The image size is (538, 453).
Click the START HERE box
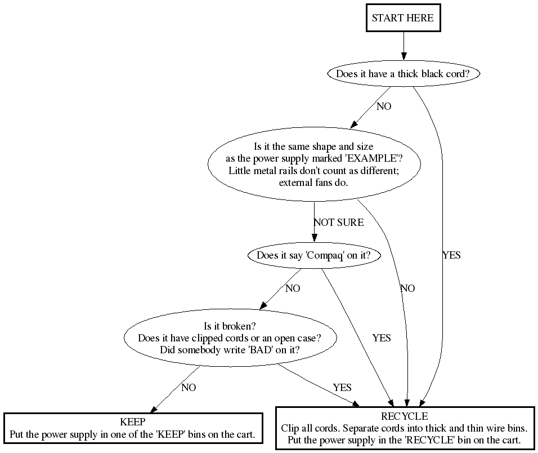point(403,18)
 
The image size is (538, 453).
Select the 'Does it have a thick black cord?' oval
point(403,74)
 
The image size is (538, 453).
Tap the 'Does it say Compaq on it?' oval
point(313,255)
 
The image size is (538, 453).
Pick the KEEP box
point(133,428)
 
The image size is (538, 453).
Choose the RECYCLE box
point(404,428)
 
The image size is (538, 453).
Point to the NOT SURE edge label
point(338,223)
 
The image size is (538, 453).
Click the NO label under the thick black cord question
point(384,106)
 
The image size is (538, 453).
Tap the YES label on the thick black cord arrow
point(451,255)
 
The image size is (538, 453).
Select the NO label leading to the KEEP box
point(189,388)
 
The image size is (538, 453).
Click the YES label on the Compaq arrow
point(382,338)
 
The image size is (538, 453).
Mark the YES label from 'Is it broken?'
point(342,388)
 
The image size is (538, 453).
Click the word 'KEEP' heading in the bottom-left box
point(133,422)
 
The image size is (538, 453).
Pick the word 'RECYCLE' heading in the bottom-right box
point(404,416)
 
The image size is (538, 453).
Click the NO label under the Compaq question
point(293,288)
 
